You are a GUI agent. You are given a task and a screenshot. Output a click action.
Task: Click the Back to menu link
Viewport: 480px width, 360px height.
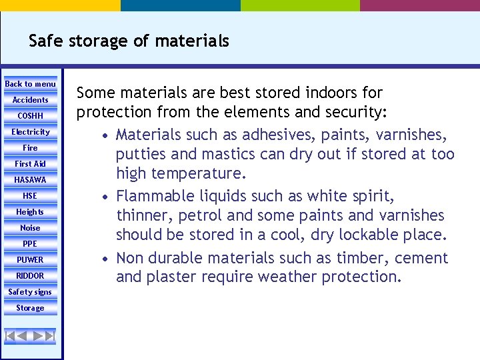pos(30,84)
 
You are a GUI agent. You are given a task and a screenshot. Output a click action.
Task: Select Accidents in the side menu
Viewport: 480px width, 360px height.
pos(30,100)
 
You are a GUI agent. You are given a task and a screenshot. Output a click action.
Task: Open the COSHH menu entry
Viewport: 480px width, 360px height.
pos(30,116)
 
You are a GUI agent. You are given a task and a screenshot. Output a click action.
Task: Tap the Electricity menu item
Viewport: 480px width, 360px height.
pos(30,132)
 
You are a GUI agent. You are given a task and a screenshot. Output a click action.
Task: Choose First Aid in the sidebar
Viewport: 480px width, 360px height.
pos(30,164)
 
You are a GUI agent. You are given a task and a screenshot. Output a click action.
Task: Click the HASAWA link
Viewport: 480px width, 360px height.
pos(30,180)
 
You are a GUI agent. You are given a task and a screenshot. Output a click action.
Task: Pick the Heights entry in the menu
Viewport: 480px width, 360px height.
pos(30,212)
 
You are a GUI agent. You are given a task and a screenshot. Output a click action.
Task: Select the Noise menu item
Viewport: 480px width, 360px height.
pos(30,228)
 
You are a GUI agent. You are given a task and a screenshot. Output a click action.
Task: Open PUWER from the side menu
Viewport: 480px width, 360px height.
pos(30,260)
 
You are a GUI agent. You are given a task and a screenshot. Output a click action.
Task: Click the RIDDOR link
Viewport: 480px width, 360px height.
pos(30,276)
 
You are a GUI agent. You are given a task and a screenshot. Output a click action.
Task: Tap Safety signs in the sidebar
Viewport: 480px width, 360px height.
pos(30,292)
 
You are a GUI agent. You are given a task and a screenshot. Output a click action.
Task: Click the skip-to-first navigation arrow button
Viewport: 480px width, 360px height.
pos(11,336)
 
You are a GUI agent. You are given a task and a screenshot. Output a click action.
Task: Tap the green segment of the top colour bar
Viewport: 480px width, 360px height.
pos(300,5)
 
